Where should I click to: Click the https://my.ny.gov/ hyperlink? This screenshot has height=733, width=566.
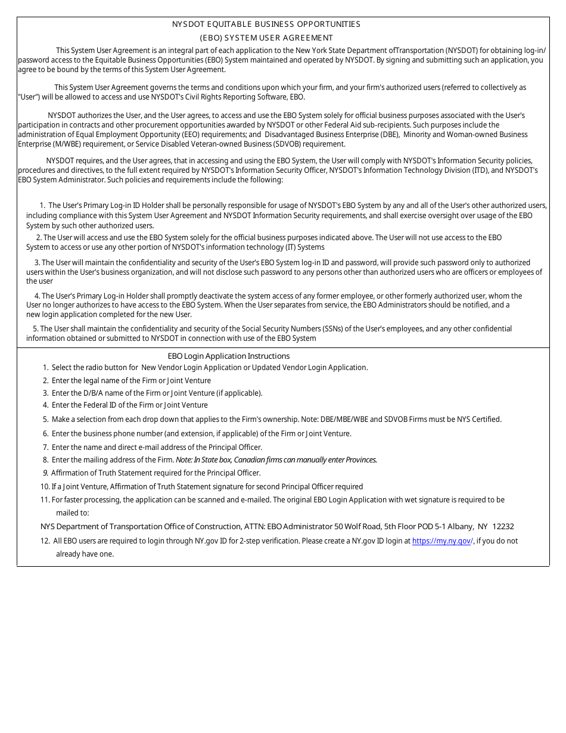[442, 541]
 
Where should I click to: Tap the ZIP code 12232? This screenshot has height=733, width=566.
[503, 527]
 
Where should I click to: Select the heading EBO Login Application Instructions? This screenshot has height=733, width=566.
[229, 356]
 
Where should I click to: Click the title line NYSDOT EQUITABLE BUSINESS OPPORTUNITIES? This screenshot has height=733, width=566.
[266, 24]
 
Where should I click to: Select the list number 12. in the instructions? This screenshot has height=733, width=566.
[45, 541]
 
